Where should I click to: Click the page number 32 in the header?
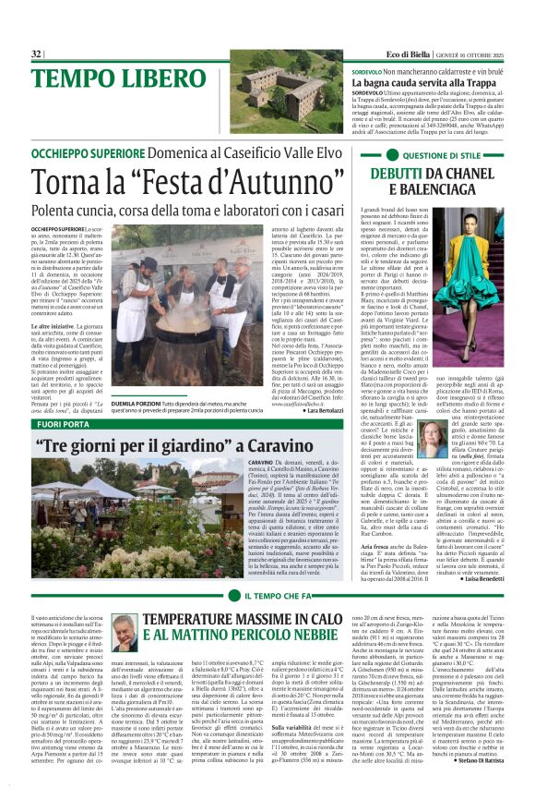click(36, 55)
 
